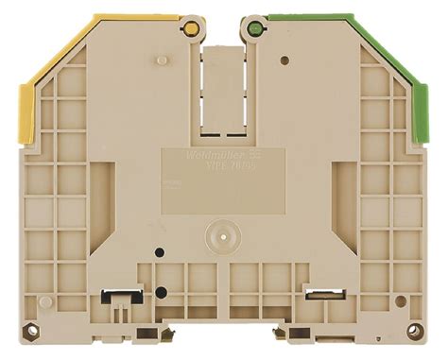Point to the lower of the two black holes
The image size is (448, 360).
click(x=161, y=292)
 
